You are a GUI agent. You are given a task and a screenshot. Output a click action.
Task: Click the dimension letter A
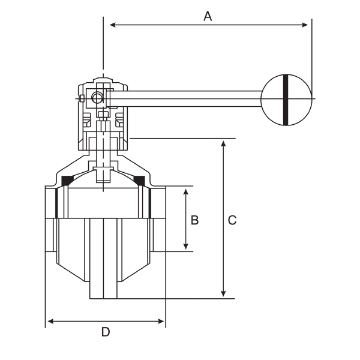208,16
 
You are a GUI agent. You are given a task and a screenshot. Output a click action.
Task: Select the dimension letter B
194,220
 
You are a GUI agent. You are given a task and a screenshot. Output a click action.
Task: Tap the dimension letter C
232,220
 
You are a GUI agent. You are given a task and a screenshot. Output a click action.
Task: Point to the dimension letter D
106,332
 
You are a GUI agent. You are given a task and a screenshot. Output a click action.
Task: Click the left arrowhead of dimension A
113,25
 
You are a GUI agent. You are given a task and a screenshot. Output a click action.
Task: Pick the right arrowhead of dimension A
305,25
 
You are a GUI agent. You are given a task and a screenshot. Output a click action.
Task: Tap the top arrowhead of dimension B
186,192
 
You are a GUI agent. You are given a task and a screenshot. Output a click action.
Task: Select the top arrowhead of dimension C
223,144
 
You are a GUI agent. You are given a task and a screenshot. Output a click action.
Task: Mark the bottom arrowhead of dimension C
223,293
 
